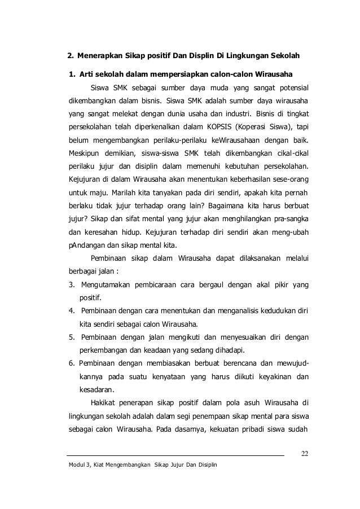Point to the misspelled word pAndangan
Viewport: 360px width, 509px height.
pos(86,245)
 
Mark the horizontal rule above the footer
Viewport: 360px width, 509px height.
pos(175,455)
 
